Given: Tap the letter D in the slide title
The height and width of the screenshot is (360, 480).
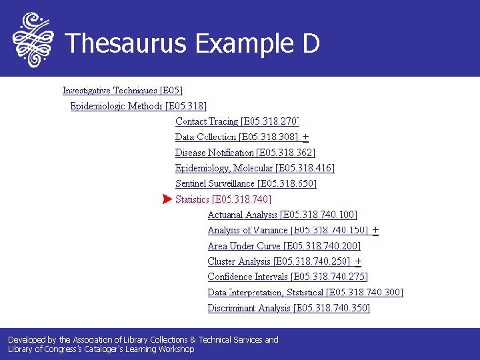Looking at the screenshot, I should point(310,43).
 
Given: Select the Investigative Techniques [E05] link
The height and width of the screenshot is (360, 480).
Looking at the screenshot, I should point(122,90).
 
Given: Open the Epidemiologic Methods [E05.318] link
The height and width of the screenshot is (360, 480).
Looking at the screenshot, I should point(138,105).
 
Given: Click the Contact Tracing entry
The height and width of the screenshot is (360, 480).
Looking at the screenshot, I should point(237,121).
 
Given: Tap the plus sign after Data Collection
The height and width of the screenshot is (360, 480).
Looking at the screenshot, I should point(305,137).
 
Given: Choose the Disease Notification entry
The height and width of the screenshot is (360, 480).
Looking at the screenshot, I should point(245,152).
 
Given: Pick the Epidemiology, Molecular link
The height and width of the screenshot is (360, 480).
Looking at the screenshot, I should point(255,167).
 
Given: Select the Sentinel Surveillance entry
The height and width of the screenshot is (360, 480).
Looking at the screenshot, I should point(245,183).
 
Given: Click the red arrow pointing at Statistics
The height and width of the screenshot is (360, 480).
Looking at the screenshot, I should point(167,199).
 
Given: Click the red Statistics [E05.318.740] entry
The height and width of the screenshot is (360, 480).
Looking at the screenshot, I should point(223,199).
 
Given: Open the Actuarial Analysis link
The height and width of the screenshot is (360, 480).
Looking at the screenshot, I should point(282,215).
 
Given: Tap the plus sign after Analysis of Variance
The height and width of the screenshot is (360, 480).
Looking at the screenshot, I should point(376,230).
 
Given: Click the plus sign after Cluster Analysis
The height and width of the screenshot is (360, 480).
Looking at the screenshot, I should point(359,261).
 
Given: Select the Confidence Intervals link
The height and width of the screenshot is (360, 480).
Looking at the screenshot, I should point(287,277).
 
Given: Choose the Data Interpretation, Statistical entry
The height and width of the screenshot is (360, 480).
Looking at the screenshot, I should point(305,292).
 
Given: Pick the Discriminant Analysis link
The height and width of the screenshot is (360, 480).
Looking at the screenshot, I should point(289,308).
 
